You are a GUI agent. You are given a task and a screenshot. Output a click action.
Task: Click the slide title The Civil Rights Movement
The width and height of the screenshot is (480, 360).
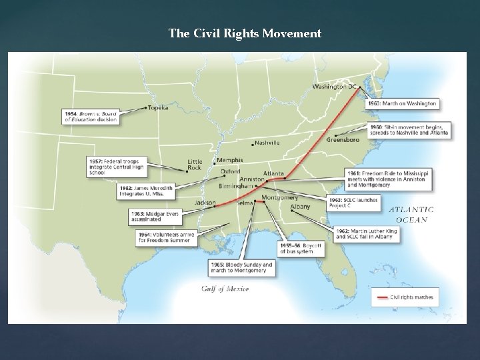(x=245, y=33)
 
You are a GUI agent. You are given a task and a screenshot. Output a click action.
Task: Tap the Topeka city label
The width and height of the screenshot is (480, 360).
(x=157, y=107)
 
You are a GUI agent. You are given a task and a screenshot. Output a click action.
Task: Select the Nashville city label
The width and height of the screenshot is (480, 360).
(x=267, y=143)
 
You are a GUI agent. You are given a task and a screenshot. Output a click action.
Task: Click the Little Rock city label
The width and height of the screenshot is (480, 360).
(x=195, y=165)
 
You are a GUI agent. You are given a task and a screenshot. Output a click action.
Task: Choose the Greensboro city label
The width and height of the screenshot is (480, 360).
(x=343, y=140)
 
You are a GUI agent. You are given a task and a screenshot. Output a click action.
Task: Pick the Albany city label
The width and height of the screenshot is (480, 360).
(x=301, y=207)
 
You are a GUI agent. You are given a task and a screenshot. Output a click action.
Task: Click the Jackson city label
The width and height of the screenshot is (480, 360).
(x=205, y=202)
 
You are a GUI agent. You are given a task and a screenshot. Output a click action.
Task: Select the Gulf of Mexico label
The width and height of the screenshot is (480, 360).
(x=225, y=289)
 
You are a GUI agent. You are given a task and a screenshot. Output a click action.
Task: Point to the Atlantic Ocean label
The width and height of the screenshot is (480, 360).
(x=412, y=214)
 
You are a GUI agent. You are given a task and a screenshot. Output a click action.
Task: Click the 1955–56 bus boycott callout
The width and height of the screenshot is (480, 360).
(x=301, y=249)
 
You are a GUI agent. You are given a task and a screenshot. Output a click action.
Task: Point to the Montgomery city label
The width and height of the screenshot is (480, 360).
(x=280, y=197)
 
